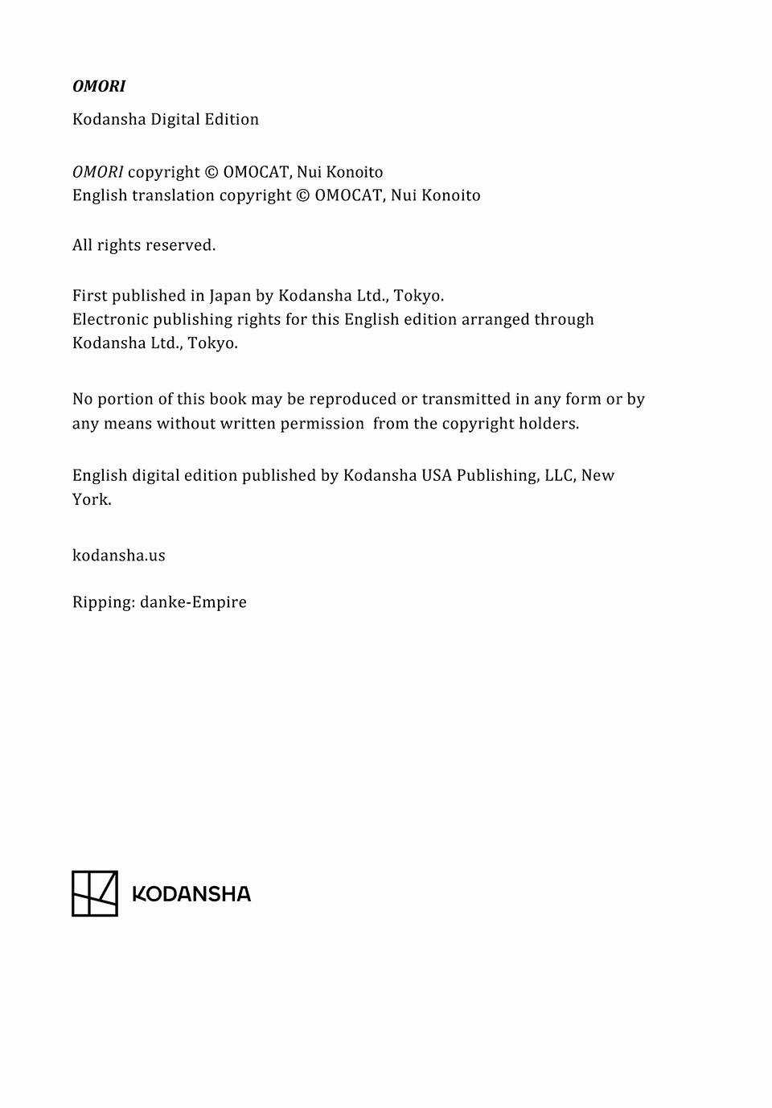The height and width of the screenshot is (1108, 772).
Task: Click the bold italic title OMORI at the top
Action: point(99,86)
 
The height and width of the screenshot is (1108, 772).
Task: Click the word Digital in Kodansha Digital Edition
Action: point(175,119)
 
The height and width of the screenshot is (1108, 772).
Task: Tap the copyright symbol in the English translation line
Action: point(303,195)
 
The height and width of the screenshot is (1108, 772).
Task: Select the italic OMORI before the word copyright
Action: point(97,172)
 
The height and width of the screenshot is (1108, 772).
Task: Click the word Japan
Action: point(230,296)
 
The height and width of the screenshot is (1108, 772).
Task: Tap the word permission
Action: point(322,424)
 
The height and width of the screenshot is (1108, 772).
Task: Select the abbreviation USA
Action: point(437,475)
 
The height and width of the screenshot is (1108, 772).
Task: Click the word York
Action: point(91,499)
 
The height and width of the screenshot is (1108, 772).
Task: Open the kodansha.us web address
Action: point(118,556)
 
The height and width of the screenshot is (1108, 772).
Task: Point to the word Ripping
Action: point(103,602)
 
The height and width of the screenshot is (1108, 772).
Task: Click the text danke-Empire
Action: point(193,602)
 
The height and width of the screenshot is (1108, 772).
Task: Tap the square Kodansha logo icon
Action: point(95,893)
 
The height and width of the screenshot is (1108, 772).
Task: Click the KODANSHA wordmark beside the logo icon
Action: point(191,894)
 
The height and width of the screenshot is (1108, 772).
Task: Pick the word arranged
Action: point(495,319)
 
